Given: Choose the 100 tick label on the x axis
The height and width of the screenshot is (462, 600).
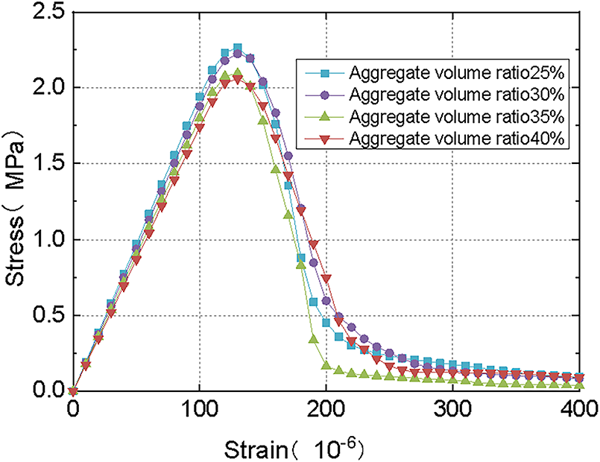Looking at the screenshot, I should pyautogui.click(x=200, y=409).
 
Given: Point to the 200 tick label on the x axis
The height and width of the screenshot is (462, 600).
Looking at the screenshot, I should pyautogui.click(x=326, y=409).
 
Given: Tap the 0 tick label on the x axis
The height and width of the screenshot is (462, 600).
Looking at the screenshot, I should pyautogui.click(x=72, y=409).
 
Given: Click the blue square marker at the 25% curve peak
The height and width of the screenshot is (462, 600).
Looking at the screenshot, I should pyautogui.click(x=238, y=48).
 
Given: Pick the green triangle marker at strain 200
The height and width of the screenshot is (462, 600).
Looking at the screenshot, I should pyautogui.click(x=326, y=365).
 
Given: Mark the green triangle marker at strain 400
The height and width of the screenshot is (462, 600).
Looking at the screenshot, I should pyautogui.click(x=580, y=385).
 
